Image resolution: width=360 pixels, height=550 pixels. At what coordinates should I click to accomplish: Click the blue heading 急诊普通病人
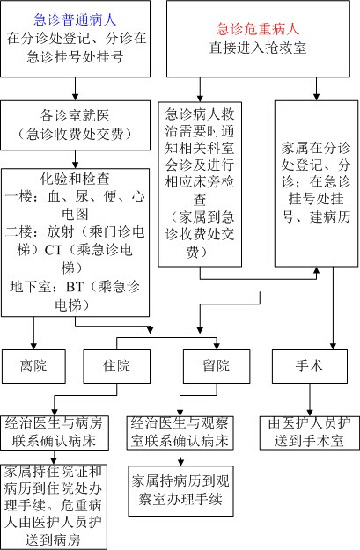pos(75,19)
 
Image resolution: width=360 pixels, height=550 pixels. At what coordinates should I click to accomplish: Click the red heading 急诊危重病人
pos(258,29)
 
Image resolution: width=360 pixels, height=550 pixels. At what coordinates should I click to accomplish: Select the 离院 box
pos(33,366)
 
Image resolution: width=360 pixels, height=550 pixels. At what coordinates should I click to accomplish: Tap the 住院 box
pos(116,366)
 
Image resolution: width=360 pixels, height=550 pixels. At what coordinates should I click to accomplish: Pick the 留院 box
pos(217,366)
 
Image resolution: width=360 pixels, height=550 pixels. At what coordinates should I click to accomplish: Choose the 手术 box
pos(310,366)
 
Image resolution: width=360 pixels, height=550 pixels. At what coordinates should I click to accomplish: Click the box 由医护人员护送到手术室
pos(310,433)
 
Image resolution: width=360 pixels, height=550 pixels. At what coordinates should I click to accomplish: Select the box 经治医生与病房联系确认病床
pos(54,433)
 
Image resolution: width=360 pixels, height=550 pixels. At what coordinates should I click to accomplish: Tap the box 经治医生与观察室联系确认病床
pos(180,433)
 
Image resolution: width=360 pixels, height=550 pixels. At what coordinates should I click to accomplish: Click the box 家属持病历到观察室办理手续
pos(180,491)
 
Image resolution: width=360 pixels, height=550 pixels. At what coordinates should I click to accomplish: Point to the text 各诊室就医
pos(75,115)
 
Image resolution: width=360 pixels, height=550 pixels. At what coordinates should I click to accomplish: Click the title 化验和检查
pos(75,179)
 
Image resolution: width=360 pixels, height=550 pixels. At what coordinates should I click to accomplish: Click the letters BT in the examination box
pos(75,287)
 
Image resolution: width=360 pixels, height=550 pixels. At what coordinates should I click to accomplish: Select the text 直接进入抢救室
pos(258,48)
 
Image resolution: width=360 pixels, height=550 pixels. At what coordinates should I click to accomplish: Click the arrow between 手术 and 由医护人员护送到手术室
pos(310,400)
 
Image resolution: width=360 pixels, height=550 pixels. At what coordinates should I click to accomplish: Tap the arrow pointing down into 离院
pos(33,333)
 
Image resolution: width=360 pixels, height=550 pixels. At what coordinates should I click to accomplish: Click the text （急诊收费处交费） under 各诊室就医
pos(75,134)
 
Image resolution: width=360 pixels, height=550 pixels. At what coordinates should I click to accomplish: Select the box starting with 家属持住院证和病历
pos(54,507)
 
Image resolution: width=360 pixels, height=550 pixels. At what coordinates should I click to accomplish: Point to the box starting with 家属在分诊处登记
pos(316,184)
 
